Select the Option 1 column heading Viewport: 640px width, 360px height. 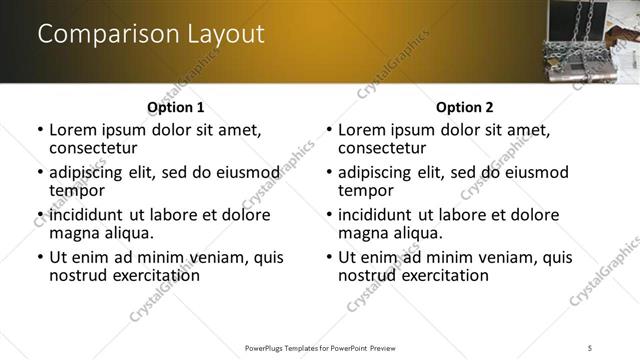point(175,107)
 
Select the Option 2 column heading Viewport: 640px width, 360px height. point(464,107)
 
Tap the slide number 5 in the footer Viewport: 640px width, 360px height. point(591,347)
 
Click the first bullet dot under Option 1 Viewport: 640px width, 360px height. point(40,130)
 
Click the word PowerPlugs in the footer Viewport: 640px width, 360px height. point(271,347)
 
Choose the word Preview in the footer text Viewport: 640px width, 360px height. point(386,347)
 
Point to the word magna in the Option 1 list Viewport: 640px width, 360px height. point(72,233)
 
